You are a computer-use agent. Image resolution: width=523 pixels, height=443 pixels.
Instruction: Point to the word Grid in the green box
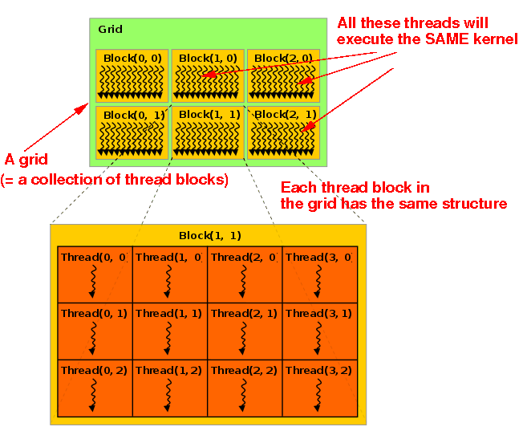coord(110,30)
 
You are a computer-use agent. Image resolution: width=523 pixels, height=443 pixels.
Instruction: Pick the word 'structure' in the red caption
coord(476,204)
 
